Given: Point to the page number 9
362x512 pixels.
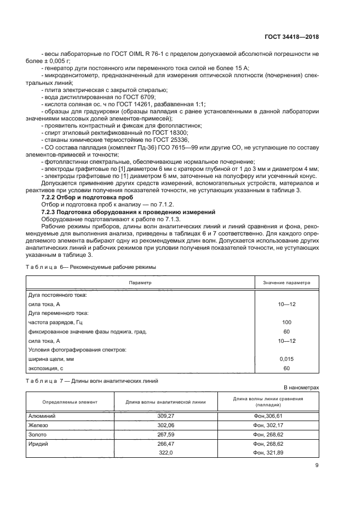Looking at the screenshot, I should coord(317,466).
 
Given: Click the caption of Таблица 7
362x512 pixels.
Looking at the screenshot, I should coord(93,381).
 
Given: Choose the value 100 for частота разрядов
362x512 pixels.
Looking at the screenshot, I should coord(286,322).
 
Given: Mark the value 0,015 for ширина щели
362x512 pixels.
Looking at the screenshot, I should coord(286,359).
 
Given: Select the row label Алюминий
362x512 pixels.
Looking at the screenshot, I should coord(42,416).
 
